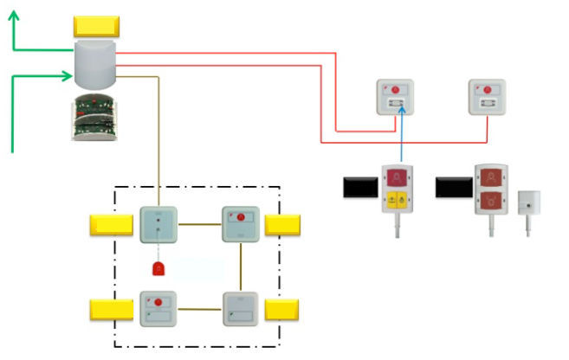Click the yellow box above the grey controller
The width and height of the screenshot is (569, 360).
pos(95,27)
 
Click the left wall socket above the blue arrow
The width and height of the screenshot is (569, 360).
pos(394,97)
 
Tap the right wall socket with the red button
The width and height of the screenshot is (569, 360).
pos(486,97)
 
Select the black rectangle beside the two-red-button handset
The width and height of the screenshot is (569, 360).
pos(452,186)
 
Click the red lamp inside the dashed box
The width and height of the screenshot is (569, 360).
pos(158,267)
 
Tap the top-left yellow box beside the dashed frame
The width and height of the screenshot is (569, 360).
pos(111,225)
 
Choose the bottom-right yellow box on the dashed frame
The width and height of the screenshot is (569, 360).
pos(281,309)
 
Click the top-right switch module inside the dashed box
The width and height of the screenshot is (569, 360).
pos(240,224)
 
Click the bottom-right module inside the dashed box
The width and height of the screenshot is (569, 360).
pos(240,309)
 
